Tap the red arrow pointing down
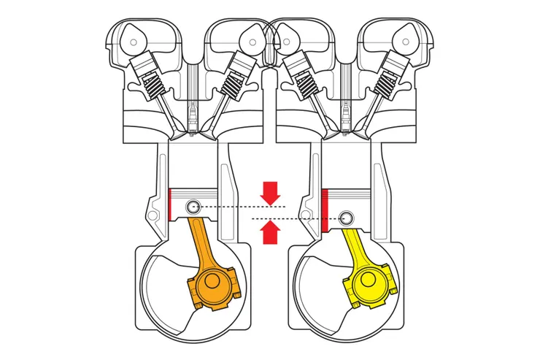pyautogui.click(x=271, y=193)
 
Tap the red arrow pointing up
pyautogui.click(x=271, y=232)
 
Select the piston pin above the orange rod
pyautogui.click(x=193, y=207)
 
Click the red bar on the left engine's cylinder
pyautogui.click(x=169, y=204)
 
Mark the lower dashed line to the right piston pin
pyautogui.click(x=306, y=218)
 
